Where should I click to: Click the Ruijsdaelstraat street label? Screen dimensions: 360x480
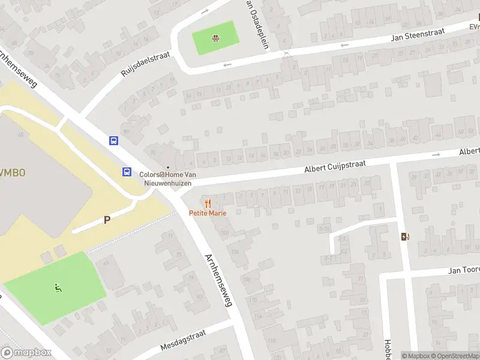click(145, 64)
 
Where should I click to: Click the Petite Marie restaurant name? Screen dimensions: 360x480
click(208, 213)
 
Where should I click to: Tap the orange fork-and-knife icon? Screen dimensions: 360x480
click(208, 203)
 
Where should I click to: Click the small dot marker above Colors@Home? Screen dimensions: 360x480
click(168, 167)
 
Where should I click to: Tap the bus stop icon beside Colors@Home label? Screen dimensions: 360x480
click(127, 172)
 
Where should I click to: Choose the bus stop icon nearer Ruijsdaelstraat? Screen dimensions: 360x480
click(113, 141)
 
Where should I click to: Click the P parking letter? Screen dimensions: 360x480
click(107, 220)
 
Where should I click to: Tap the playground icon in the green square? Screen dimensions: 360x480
click(215, 40)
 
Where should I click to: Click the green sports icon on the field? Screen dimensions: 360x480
click(58, 288)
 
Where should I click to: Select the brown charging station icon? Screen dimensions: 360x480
click(406, 236)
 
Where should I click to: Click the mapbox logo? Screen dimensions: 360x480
click(26, 353)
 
